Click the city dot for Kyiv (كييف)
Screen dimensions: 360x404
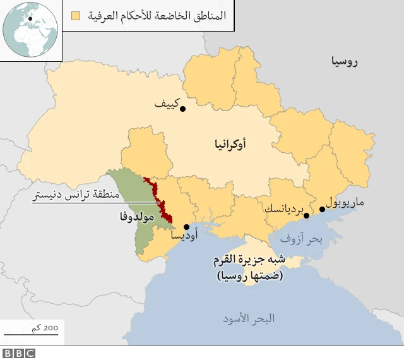[x=182, y=109]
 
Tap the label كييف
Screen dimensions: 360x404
[x=167, y=103]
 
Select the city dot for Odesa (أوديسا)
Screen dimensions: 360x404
[x=186, y=227]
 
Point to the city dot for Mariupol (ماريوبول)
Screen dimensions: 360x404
[x=322, y=209]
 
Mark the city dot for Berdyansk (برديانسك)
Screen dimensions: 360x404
[x=307, y=216]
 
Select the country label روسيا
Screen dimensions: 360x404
[x=344, y=61]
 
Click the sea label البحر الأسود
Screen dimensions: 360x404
[x=249, y=318]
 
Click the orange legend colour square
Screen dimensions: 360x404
[x=76, y=15]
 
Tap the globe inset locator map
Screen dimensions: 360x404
[x=29, y=29]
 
